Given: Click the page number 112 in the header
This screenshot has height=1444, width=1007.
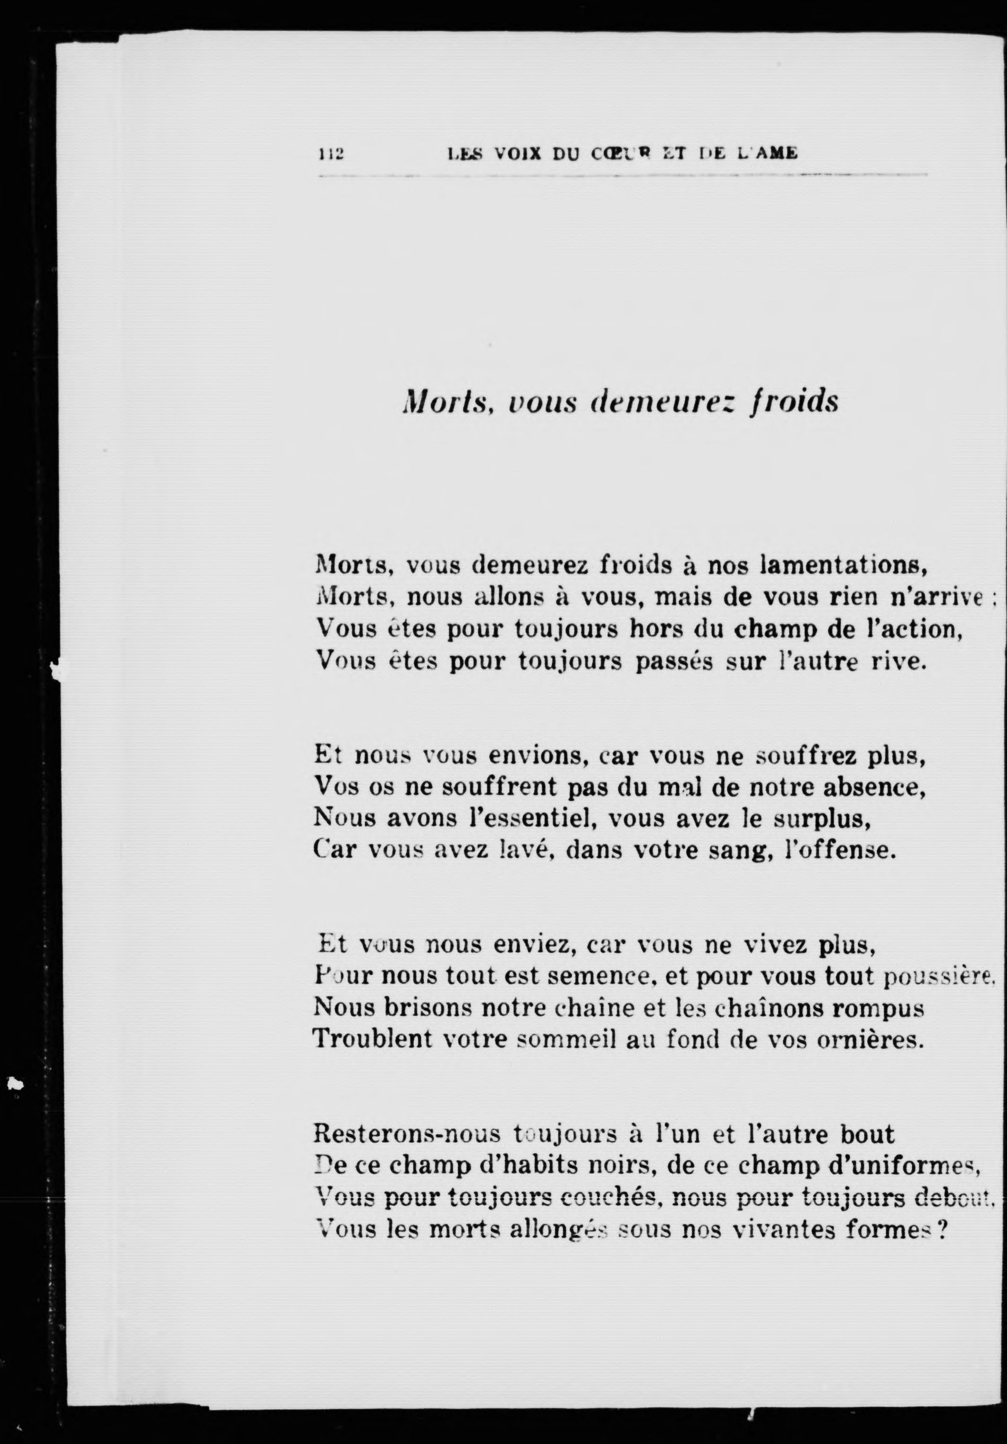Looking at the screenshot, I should [x=330, y=153].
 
